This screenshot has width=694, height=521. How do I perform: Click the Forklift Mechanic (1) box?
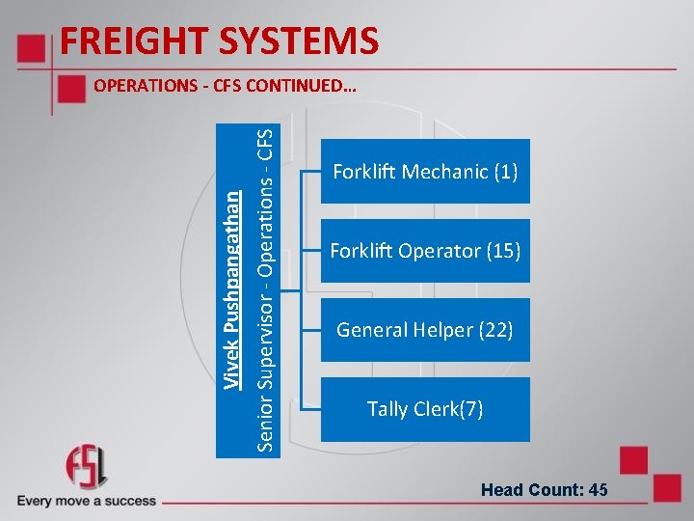[x=425, y=172]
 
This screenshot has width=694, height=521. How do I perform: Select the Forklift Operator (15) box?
[x=425, y=251]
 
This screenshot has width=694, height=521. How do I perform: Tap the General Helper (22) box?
[x=425, y=330]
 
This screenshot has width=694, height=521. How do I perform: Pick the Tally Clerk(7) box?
[x=425, y=409]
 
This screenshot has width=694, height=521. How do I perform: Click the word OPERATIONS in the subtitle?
[x=146, y=86]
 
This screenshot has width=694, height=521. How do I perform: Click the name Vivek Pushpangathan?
[x=232, y=288]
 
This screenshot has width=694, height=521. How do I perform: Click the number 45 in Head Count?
[x=598, y=490]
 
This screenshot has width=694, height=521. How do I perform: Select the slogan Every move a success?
[x=87, y=501]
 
